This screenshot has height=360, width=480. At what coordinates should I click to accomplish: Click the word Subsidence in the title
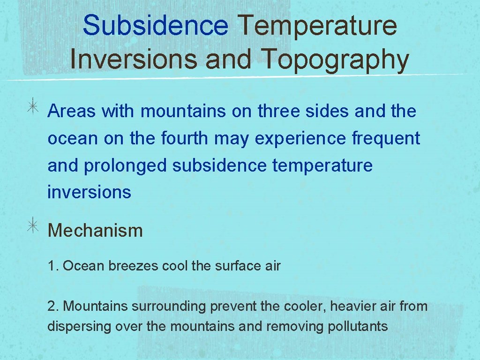click(155, 25)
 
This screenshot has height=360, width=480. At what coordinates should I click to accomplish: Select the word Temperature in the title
click(317, 25)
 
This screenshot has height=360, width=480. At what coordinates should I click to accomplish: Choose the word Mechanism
click(95, 231)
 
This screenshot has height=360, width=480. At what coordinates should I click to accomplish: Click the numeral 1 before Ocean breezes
click(50, 266)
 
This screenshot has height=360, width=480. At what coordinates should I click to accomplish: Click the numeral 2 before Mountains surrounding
click(50, 307)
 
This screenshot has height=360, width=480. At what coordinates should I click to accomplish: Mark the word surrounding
click(170, 307)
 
